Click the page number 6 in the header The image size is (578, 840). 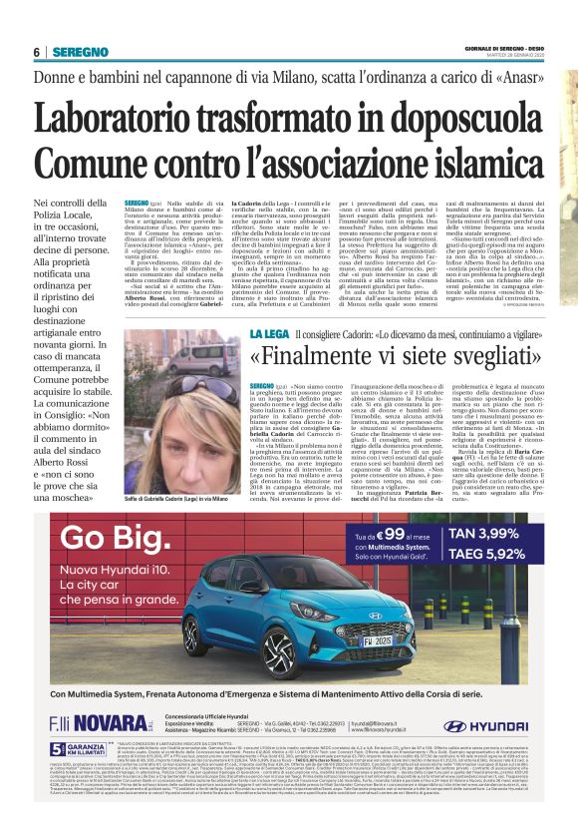[x=36, y=52]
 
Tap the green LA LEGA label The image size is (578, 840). [x=268, y=331]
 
